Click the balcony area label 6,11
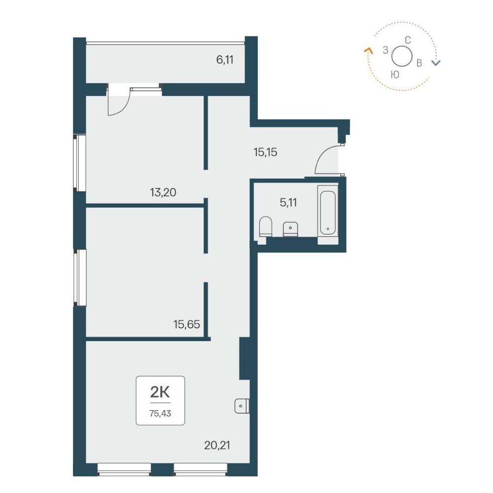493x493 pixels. tap(225, 60)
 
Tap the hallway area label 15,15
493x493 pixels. tap(265, 152)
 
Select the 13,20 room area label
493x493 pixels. tap(163, 192)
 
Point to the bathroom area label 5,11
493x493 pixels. tap(288, 203)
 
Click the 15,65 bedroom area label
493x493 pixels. tap(187, 324)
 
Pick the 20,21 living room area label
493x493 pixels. tap(217, 445)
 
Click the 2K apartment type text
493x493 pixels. tap(160, 392)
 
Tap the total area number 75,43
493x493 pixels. tap(160, 413)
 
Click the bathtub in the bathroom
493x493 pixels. tap(328, 213)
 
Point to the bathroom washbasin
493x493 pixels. tap(290, 229)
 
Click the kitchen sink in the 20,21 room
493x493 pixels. tap(242, 406)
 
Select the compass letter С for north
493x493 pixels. tap(408, 40)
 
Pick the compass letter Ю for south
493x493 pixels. tap(395, 74)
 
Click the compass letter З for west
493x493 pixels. tap(386, 50)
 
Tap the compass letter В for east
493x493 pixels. tap(419, 63)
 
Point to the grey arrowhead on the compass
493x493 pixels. tap(436, 63)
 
